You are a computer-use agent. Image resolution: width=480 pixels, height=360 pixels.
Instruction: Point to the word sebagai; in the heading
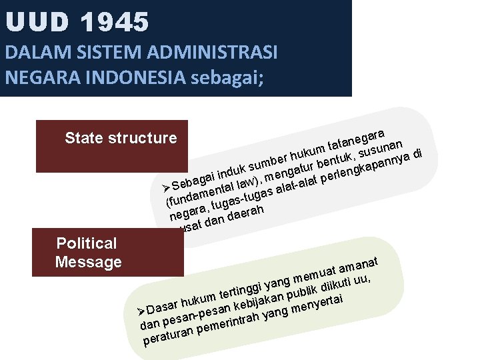tap(227, 77)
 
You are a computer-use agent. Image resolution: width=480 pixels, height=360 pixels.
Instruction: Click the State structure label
tap(121, 138)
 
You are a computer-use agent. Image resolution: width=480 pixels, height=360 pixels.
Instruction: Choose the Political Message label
tap(88, 253)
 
